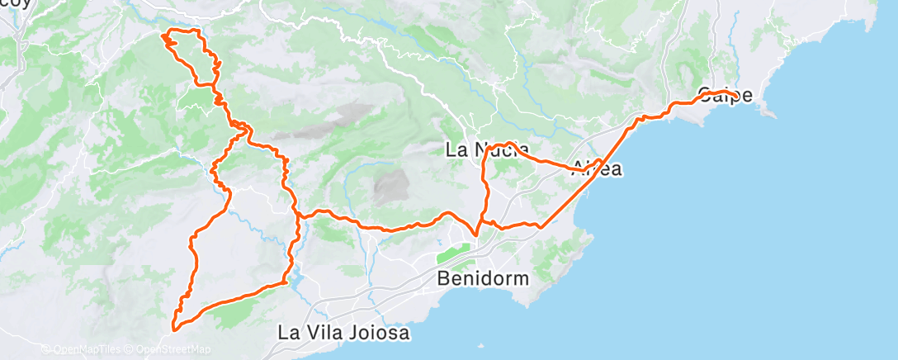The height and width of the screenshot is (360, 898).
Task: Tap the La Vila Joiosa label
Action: coord(343,334)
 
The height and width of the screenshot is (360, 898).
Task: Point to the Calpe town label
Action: coord(725,95)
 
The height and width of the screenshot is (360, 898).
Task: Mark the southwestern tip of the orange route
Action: coord(174,329)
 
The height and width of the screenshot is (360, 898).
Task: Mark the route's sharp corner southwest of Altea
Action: coord(541,225)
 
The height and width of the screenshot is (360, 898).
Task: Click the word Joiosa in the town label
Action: coord(380,334)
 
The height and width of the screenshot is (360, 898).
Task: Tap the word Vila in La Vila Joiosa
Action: coord(328,334)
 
